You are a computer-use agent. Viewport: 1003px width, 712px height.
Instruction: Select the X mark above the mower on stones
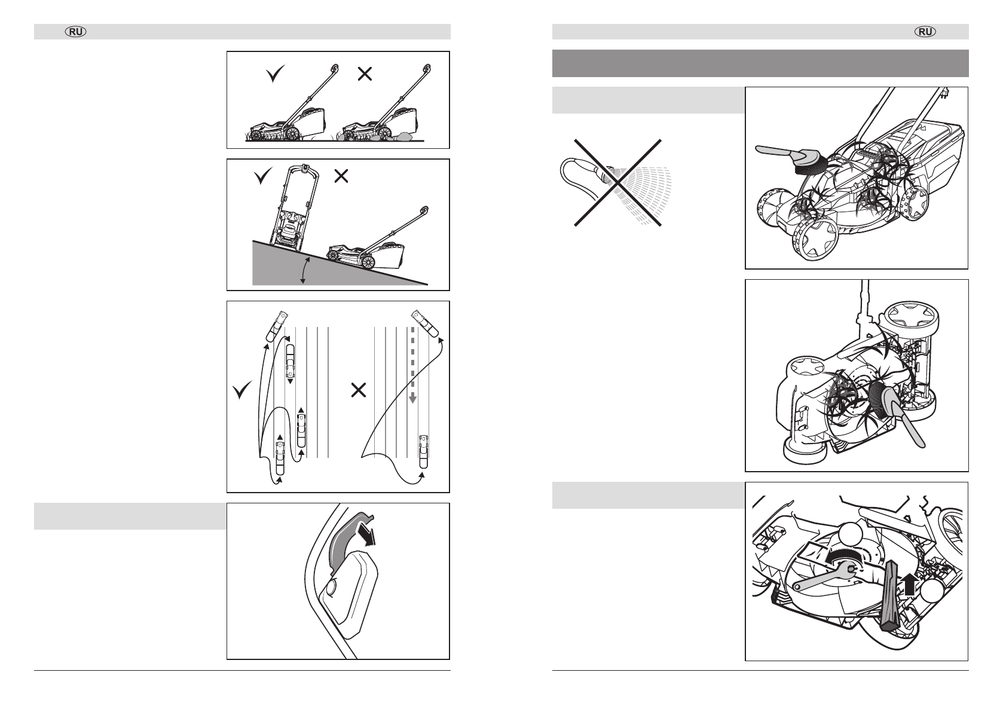point(365,74)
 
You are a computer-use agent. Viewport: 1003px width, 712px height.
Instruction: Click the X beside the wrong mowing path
point(359,391)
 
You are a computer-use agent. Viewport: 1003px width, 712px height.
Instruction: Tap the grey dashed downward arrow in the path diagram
point(412,365)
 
